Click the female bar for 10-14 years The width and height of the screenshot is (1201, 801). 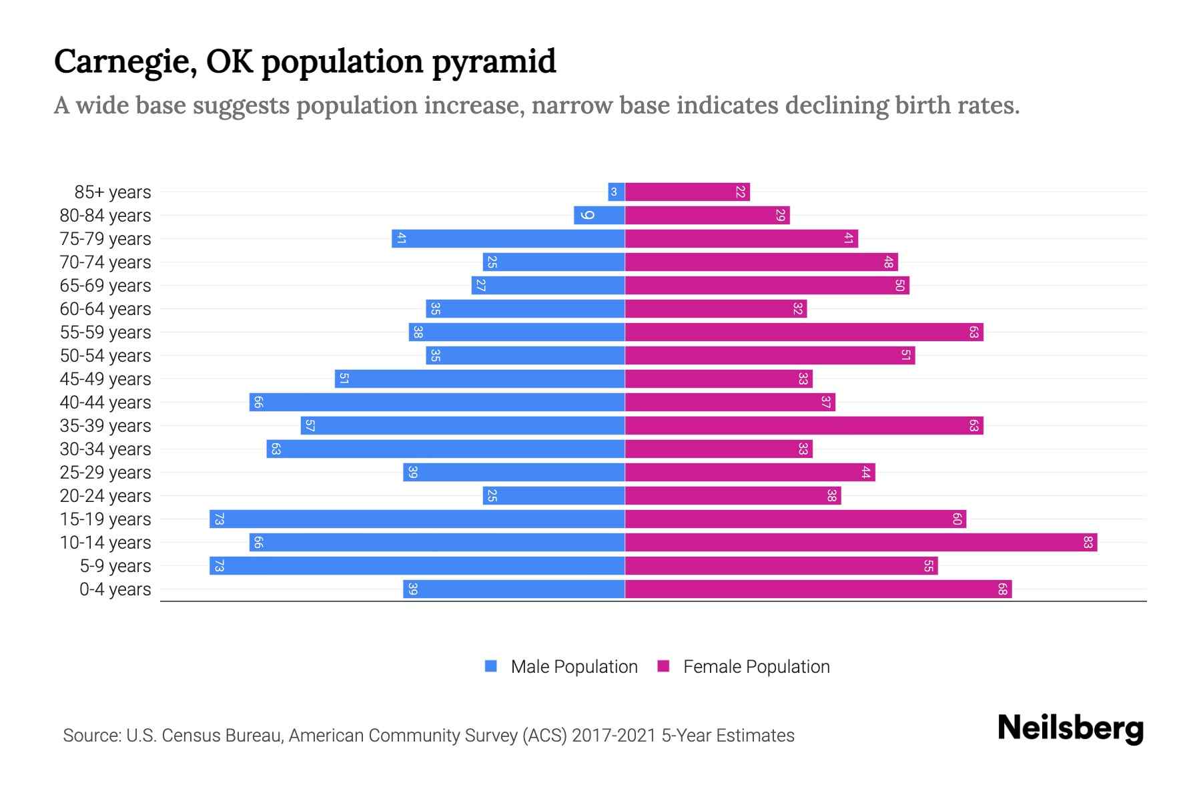point(861,542)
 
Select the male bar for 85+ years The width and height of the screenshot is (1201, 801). point(616,192)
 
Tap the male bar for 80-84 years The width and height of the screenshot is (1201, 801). point(599,216)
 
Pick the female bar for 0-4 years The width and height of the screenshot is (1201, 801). point(818,589)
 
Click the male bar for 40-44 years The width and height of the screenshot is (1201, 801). point(437,402)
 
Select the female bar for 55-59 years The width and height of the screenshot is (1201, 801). point(804,332)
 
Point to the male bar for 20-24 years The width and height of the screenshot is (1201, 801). point(554,495)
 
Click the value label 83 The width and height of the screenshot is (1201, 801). point(1088,542)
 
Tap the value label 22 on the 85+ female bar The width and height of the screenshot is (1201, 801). point(740,192)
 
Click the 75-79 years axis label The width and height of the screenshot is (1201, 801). point(105,239)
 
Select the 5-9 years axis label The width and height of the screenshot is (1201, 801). point(115,566)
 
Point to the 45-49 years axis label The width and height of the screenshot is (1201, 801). point(105,379)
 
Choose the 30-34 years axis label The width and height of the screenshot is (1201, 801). point(105,449)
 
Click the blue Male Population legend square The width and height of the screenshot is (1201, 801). point(491,666)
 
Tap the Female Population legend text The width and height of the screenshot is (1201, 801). point(756,666)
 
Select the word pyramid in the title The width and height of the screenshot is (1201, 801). point(494,61)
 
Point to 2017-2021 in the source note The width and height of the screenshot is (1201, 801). point(614,736)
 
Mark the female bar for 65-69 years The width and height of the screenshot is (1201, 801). point(767,286)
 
